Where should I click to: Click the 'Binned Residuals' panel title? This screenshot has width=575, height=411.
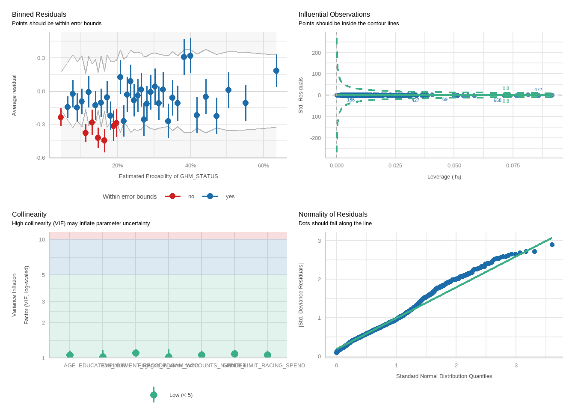39,15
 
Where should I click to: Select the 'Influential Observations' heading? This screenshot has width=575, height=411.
334,15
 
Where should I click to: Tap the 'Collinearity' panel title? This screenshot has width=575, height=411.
29,214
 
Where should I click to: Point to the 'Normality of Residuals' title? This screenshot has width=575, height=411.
333,214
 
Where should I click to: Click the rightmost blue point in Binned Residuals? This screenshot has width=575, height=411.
276,71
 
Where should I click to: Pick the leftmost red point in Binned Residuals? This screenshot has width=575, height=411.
61,117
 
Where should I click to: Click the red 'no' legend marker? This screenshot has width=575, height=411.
172,196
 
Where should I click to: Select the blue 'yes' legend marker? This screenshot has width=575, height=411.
210,196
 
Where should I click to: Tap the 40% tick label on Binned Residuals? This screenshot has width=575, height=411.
190,166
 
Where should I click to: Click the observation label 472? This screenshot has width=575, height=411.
538,90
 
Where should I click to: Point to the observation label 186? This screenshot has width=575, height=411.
351,100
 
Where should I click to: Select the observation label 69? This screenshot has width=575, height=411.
445,100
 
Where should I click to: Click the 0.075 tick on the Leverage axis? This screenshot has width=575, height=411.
513,166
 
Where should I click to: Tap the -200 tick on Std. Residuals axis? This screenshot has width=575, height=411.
316,138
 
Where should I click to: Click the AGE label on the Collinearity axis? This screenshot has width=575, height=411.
70,366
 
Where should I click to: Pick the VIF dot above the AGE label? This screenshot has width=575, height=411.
70,355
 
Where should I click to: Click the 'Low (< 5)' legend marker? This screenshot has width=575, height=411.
154,395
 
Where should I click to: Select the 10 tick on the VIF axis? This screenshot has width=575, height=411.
42,240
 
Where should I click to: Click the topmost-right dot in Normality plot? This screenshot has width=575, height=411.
552,245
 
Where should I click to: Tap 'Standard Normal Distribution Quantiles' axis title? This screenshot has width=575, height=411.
444,376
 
